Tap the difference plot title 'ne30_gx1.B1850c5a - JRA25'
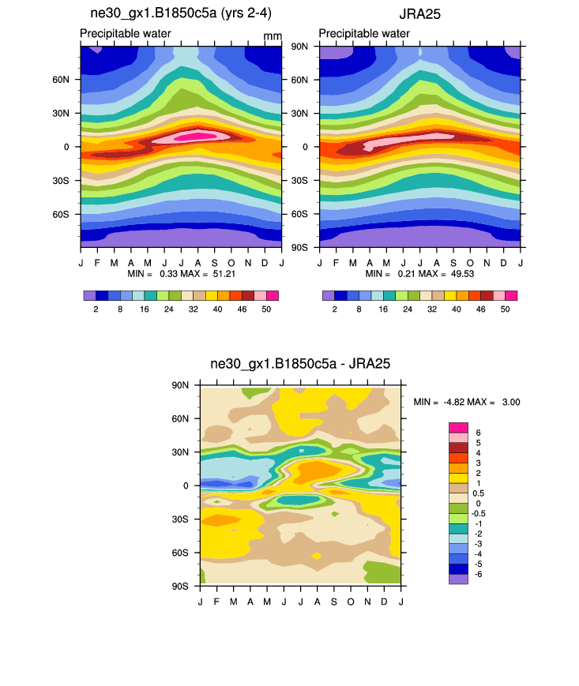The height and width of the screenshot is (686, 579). pos(300,364)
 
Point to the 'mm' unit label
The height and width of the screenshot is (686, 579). pos(273,36)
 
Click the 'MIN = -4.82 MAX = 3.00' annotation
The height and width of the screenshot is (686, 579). pos(466,402)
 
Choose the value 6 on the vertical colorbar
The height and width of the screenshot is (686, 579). pos(478,433)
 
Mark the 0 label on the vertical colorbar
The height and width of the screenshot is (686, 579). pos(478,503)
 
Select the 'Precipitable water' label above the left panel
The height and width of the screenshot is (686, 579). pos(126,33)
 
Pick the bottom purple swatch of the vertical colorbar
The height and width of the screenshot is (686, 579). pos(459,579)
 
